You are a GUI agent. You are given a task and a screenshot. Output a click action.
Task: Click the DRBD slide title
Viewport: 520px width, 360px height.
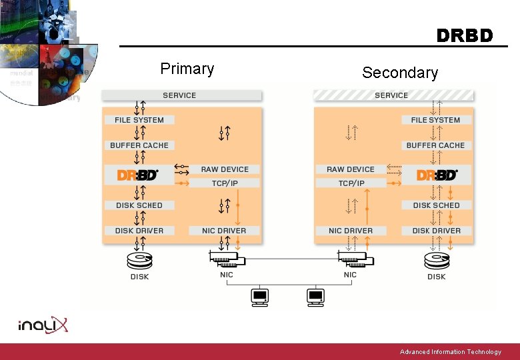coord(465,35)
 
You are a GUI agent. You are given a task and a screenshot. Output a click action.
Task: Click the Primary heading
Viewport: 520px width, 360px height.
coord(187,69)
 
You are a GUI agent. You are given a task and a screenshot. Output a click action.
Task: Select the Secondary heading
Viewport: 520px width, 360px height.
coord(400,73)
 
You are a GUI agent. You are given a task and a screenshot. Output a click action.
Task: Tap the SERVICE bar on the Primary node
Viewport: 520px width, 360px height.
coord(180,95)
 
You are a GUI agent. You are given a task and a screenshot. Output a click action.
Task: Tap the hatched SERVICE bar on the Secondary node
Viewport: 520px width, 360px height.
coord(393,95)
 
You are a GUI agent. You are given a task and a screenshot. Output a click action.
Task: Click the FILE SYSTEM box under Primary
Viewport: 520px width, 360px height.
coord(139,120)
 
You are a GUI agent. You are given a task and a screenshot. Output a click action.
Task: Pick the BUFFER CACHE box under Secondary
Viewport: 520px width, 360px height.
coord(436,145)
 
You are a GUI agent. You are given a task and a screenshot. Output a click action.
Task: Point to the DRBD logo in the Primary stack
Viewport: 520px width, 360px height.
coord(138,175)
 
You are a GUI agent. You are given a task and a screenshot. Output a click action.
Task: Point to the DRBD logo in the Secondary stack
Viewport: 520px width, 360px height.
coord(437,175)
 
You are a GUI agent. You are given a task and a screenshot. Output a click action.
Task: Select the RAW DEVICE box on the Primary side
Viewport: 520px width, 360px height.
coord(225,169)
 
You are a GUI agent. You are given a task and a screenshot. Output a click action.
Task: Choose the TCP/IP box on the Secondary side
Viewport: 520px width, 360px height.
coord(351,183)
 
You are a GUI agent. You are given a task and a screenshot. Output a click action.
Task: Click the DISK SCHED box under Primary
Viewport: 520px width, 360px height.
coord(139,205)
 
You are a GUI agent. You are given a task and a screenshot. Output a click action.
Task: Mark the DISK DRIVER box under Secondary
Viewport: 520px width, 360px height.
coord(436,231)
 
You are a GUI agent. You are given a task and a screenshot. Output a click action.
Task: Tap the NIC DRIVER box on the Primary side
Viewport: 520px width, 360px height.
coord(224,231)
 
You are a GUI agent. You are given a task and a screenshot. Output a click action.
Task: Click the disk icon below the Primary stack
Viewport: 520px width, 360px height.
coord(139,260)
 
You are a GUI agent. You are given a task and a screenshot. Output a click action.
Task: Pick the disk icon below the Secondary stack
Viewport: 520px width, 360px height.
coord(436,260)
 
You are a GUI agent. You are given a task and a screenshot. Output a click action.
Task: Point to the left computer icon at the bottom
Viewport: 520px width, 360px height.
coord(259,297)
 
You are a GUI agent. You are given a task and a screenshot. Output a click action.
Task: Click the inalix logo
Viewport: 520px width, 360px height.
coord(43,325)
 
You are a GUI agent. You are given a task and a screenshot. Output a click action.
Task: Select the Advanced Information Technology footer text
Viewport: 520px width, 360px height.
coord(450,352)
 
